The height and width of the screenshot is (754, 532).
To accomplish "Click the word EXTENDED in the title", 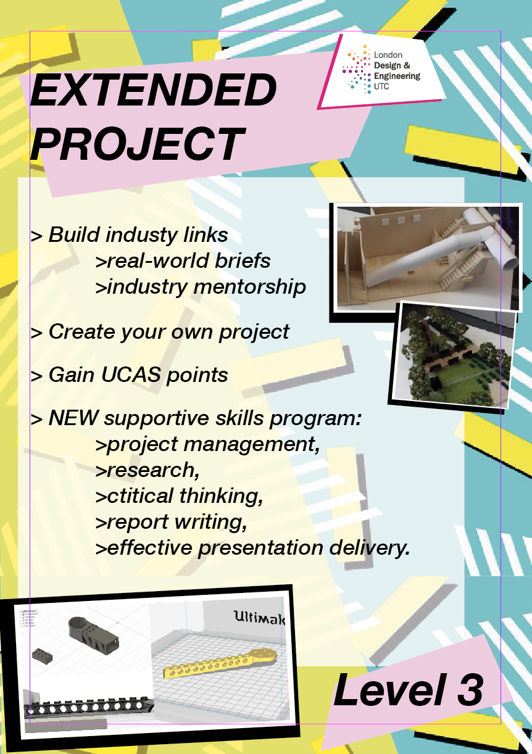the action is tap(153, 90).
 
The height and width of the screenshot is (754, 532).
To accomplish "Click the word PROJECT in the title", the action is tap(138, 144).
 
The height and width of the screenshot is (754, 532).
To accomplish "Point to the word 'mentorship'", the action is tap(249, 287).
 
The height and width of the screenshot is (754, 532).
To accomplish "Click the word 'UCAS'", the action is tap(131, 375).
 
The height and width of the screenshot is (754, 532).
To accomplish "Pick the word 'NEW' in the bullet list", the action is tap(73, 418).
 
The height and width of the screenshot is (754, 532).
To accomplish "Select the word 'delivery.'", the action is tap(369, 548).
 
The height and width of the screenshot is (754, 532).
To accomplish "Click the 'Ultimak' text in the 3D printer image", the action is tap(259, 618).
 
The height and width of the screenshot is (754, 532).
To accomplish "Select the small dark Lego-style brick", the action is tap(43, 655).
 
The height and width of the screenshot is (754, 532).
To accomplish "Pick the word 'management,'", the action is tap(252, 445).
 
